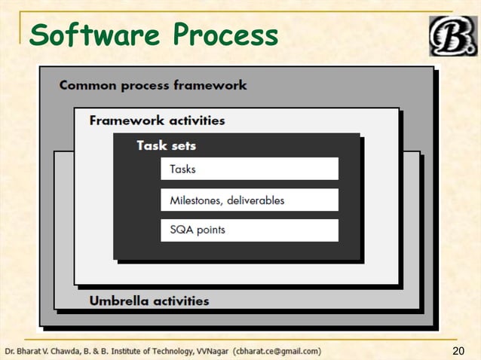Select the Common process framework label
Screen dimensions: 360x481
pos(153,85)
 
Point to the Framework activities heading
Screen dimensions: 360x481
pos(157,121)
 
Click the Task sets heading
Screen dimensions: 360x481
pos(166,145)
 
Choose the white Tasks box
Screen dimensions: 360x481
pos(249,169)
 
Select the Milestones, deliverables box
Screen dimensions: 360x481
pos(249,200)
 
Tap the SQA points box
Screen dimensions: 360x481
pos(249,230)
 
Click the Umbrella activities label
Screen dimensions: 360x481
pos(149,301)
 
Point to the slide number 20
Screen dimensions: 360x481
pos(459,351)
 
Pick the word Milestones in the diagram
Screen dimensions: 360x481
pos(195,200)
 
